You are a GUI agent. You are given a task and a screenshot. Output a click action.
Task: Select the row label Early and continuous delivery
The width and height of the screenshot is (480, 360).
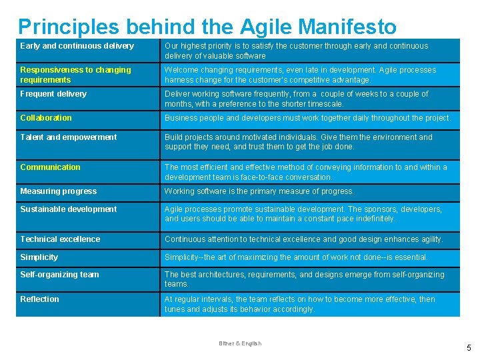[77, 46]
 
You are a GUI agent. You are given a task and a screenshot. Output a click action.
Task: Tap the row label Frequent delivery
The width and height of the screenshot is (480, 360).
[53, 94]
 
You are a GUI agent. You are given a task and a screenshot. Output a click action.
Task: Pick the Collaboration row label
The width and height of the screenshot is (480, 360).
[46, 118]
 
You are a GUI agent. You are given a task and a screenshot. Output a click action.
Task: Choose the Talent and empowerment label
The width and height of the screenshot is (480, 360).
[69, 137]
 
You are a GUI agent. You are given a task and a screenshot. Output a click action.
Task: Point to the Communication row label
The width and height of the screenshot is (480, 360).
[50, 167]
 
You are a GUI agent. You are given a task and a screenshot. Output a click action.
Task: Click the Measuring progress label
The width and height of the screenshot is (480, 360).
[58, 191]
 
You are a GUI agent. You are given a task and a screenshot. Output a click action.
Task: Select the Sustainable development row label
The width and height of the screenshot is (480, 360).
[68, 209]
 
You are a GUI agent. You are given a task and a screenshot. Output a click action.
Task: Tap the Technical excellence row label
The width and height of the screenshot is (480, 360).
[60, 239]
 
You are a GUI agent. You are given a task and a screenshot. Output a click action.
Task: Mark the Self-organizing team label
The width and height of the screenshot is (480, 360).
[59, 275]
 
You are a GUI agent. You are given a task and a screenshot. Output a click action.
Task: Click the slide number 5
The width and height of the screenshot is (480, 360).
[469, 348]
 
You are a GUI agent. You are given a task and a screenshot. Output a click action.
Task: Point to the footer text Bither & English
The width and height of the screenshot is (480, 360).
[240, 343]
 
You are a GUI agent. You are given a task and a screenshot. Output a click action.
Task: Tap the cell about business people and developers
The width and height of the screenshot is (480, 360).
[307, 118]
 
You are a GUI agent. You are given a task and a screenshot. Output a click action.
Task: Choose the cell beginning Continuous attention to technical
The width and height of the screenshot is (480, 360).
[303, 239]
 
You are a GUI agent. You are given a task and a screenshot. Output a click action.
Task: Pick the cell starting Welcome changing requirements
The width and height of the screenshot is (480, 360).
[300, 75]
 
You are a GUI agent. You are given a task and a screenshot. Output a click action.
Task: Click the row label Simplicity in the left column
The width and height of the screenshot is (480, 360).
[39, 257]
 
